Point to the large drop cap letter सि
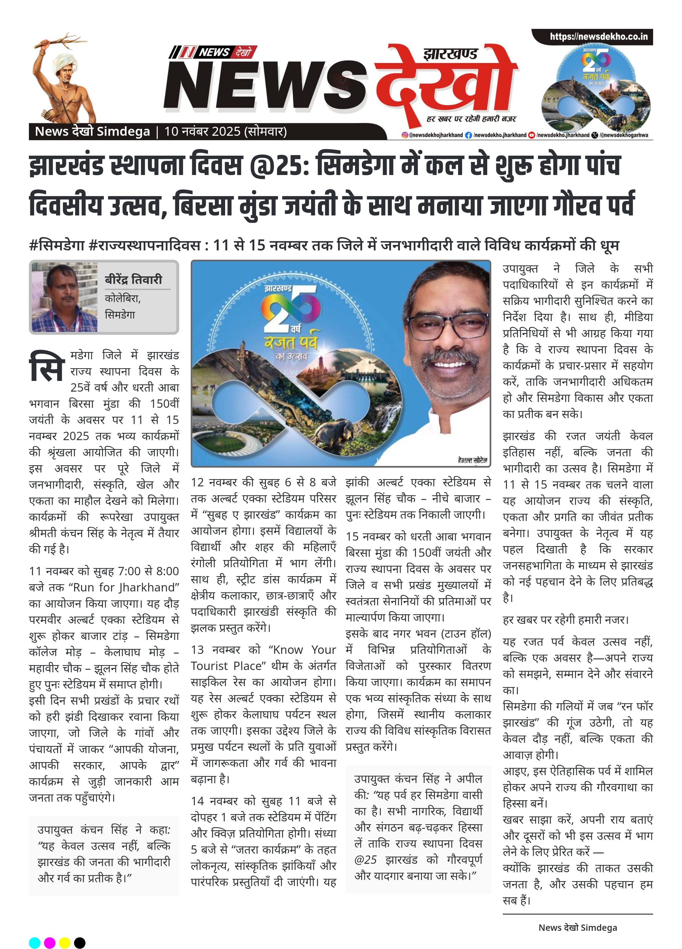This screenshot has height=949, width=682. [x=47, y=366]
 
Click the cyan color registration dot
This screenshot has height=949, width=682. [x=35, y=943]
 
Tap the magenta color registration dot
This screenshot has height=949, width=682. [x=49, y=943]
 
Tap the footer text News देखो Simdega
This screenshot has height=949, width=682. [x=577, y=928]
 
